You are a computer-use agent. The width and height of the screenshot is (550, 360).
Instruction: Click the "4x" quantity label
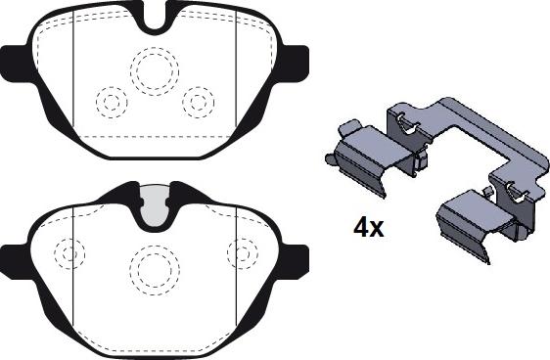click(x=368, y=228)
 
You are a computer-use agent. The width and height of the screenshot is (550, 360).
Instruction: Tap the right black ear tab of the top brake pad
click(x=294, y=65)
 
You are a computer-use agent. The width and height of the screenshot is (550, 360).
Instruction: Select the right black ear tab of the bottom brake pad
click(x=294, y=261)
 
